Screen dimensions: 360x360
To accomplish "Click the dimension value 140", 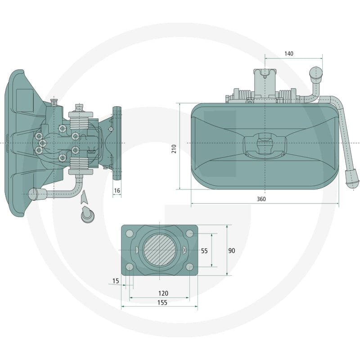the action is (x=288, y=54).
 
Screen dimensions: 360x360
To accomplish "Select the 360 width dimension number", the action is (x=261, y=199).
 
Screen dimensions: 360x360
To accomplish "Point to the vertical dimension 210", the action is (x=174, y=149).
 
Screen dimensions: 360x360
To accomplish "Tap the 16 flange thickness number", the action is (x=117, y=190).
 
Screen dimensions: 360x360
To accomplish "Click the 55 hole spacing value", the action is (x=204, y=251).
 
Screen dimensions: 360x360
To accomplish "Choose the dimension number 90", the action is (x=232, y=251).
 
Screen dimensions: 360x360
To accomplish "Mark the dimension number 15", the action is (x=116, y=281).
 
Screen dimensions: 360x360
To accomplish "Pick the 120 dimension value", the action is (x=163, y=293).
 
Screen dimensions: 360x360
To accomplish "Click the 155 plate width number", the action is (x=162, y=302).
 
